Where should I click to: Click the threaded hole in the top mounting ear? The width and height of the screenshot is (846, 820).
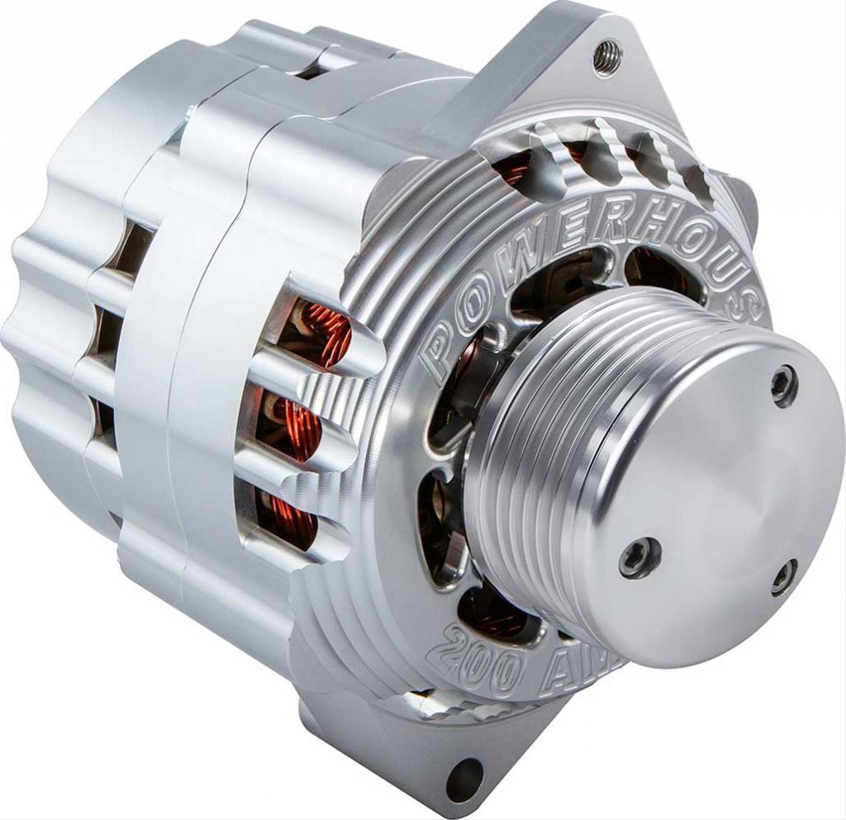coord(607,58)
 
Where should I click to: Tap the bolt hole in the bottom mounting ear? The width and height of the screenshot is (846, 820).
coord(464,778)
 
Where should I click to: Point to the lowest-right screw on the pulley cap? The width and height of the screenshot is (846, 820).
coord(784,577)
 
